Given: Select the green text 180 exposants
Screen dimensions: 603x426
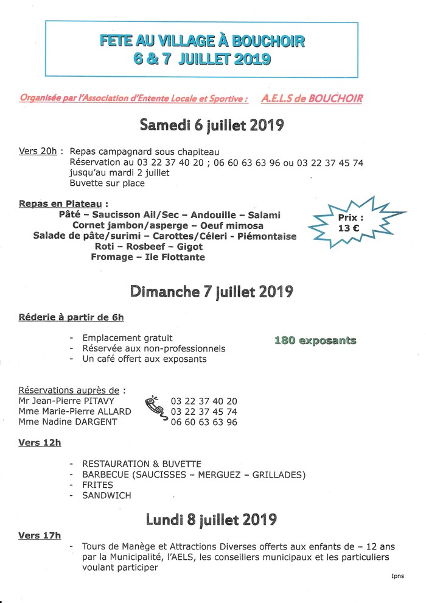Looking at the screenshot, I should point(315,340).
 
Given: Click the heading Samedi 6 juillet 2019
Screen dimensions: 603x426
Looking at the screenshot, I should point(212,125).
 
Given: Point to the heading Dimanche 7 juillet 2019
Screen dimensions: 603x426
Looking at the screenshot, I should point(212,292).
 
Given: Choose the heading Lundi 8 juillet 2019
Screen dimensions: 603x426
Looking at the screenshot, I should point(212,520).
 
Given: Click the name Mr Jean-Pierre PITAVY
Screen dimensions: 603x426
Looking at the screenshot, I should point(66,401).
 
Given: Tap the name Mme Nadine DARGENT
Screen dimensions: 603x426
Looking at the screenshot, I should point(68,421).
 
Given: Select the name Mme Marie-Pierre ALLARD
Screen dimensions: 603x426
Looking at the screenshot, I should point(75,412).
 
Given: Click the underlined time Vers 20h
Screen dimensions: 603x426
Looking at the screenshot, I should point(38,152).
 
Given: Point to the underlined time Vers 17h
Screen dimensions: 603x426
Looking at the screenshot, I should point(40,536).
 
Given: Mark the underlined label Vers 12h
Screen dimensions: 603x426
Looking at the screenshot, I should point(40,443).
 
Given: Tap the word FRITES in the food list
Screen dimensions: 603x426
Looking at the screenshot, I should point(97,485).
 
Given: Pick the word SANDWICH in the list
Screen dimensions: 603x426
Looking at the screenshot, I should point(106,495).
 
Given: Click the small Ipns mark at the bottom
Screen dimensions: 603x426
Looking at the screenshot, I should point(397,576).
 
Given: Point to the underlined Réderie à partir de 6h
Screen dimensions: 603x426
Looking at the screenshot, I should point(71,317).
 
